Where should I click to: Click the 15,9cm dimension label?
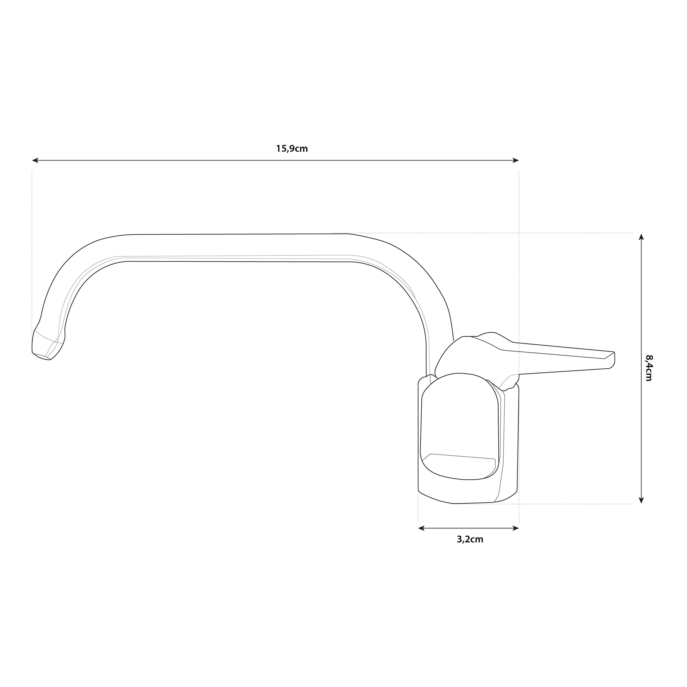pos(292,149)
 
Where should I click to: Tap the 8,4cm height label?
pos(649,368)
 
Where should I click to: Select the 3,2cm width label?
pos(470,539)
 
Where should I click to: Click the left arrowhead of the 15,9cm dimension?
pos(35,160)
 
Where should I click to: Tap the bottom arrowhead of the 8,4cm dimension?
pos(641,500)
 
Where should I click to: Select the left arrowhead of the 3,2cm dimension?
pos(421,528)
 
